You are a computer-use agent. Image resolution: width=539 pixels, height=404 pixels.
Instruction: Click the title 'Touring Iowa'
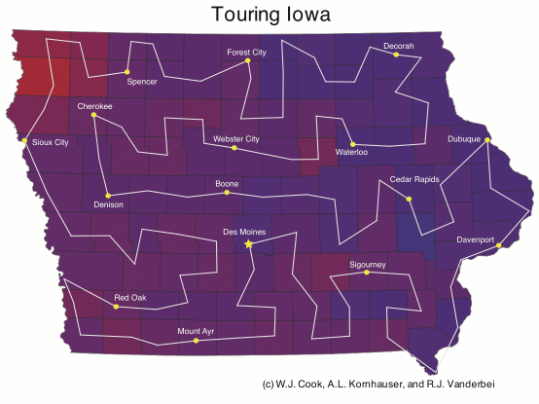click(269, 16)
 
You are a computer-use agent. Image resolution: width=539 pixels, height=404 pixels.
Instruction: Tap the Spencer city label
click(142, 82)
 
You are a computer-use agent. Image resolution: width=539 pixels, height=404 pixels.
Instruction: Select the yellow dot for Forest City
click(248, 60)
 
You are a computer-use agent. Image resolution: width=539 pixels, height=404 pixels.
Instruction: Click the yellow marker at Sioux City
click(24, 140)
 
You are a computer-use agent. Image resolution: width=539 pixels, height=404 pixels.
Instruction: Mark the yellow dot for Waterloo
click(352, 144)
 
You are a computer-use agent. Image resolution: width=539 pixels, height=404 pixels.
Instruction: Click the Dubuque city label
click(464, 139)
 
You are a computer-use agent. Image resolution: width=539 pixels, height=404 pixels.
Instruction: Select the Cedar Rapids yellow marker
click(410, 199)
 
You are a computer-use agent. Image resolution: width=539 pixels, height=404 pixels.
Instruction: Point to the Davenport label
click(476, 239)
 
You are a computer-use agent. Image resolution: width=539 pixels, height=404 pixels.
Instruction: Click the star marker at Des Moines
click(248, 244)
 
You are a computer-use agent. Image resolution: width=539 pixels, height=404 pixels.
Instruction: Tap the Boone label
click(226, 183)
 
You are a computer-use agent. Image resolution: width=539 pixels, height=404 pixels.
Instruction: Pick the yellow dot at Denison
click(108, 194)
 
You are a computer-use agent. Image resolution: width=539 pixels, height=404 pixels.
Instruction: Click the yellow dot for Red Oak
click(116, 307)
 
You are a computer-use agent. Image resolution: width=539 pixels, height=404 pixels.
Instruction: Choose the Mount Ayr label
click(196, 331)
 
